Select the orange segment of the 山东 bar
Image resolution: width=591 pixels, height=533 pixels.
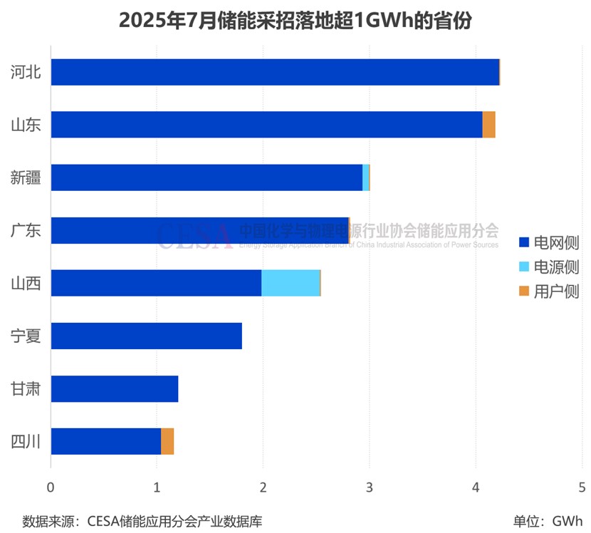click(488, 125)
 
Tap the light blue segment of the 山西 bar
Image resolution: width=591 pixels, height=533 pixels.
click(291, 283)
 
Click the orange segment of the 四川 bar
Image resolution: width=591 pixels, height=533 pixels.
click(167, 441)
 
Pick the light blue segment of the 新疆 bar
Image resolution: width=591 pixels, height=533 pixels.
click(366, 177)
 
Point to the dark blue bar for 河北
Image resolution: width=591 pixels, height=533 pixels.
click(275, 72)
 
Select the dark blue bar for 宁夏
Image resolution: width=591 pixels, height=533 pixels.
click(147, 336)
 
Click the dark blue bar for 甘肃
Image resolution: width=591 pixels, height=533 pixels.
click(115, 388)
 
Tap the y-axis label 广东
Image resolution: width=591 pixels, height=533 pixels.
click(26, 230)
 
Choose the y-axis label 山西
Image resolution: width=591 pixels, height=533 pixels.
click(26, 283)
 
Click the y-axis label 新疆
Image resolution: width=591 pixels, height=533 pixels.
click(26, 177)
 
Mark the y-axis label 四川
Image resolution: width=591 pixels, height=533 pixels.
click(26, 441)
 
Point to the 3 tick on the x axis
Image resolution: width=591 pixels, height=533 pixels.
click(369, 487)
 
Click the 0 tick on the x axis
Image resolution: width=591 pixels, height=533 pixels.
click(51, 487)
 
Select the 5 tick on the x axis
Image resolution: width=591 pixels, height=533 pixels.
click(582, 487)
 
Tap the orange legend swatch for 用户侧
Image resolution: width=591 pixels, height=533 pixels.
click(524, 291)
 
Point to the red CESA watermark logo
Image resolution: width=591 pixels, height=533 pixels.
click(194, 236)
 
